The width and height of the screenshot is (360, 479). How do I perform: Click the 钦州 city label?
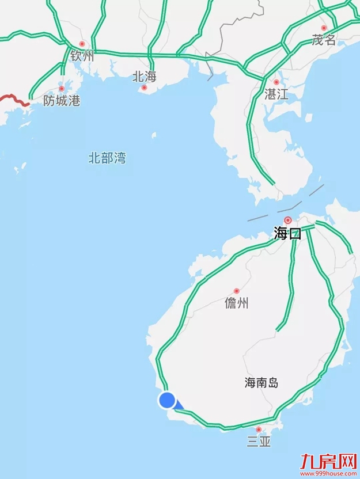pyautogui.click(x=82, y=56)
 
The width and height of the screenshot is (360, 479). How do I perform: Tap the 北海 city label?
pyautogui.click(x=144, y=76)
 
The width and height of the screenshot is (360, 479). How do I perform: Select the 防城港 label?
pyautogui.click(x=62, y=101)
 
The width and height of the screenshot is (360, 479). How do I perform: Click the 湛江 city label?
pyautogui.click(x=276, y=94)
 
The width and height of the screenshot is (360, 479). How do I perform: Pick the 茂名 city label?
pyautogui.click(x=324, y=40)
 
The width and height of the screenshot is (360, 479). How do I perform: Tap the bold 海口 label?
pyautogui.click(x=287, y=233)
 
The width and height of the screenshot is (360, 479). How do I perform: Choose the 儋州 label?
pyautogui.click(x=237, y=303)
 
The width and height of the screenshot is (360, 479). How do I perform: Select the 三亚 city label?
pyautogui.click(x=259, y=442)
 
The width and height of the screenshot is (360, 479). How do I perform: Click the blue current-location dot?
pyautogui.click(x=168, y=400)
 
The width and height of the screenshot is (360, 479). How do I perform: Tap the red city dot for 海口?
pyautogui.click(x=288, y=220)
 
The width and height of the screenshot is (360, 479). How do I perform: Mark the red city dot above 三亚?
pyautogui.click(x=259, y=429)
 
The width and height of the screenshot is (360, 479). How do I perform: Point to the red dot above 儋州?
pyautogui.click(x=236, y=291)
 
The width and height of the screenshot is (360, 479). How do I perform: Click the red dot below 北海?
pyautogui.click(x=144, y=88)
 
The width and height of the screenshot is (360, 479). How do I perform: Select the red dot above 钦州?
pyautogui.click(x=82, y=44)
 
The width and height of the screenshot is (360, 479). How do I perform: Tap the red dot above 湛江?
pyautogui.click(x=276, y=82)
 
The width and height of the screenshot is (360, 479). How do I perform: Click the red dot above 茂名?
pyautogui.click(x=324, y=28)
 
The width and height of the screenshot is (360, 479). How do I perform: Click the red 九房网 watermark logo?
pyautogui.click(x=327, y=460)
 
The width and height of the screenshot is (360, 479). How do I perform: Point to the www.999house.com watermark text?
pyautogui.click(x=327, y=472)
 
